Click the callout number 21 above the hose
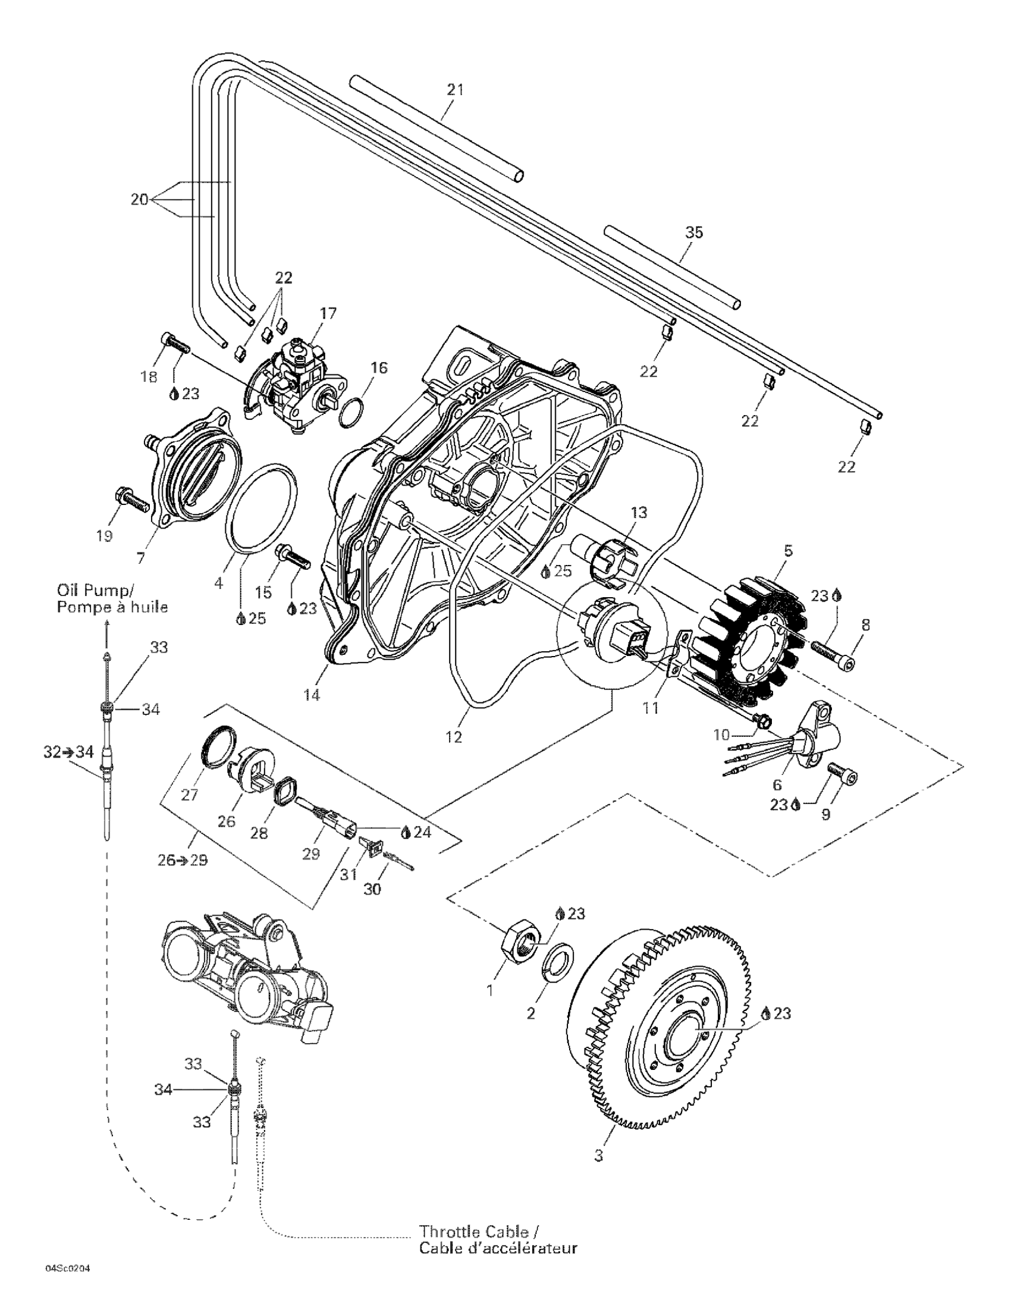pos(456,90)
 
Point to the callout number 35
pos(694,233)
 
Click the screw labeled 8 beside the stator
pos(832,652)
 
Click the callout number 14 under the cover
pos(312,695)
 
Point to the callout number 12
pos(454,736)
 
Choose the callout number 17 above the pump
pos(328,313)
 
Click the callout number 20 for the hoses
pos(139,199)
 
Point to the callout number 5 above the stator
pos(789,550)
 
